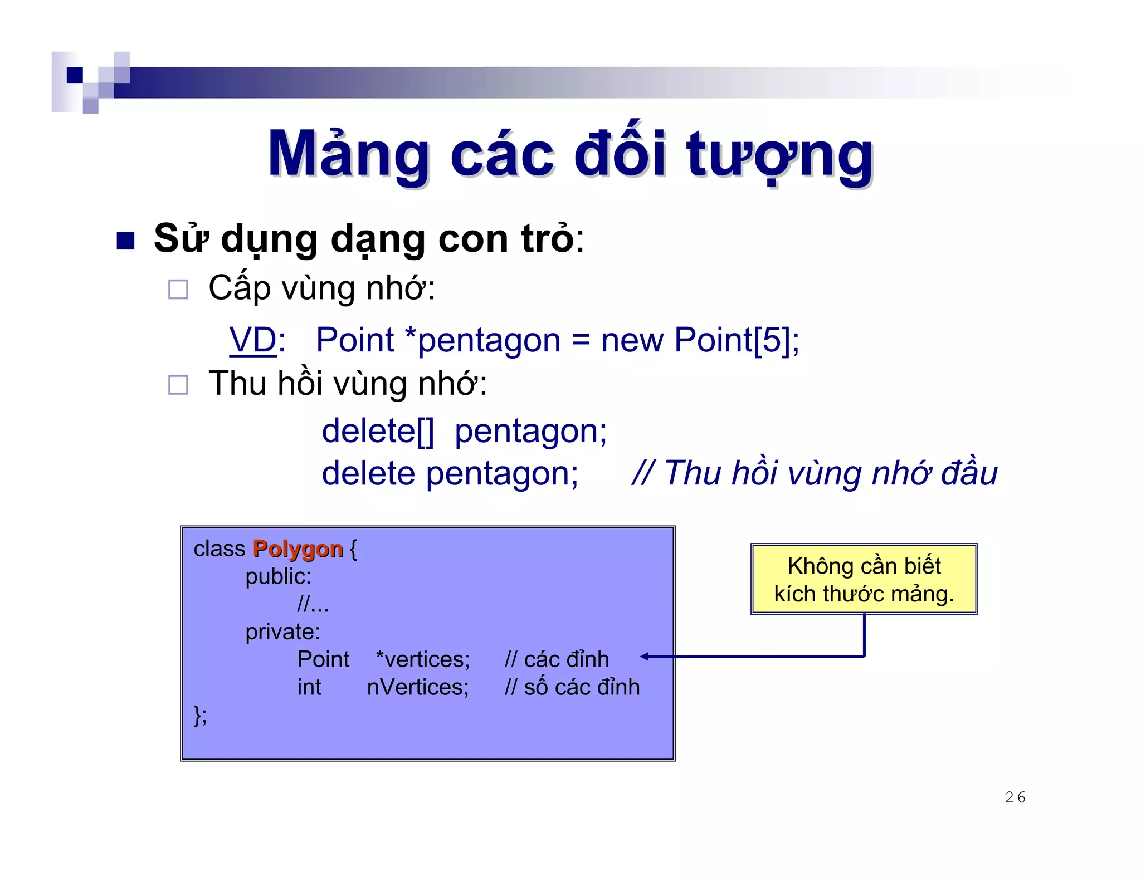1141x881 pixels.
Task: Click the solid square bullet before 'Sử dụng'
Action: tap(125, 241)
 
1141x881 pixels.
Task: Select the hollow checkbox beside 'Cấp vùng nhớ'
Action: tap(178, 290)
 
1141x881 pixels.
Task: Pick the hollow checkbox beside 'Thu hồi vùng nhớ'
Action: tap(178, 385)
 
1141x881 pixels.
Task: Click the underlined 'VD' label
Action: tap(253, 340)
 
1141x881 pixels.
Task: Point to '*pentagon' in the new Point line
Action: tap(482, 340)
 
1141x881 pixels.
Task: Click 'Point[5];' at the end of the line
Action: tap(737, 340)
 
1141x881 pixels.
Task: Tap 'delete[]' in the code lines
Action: tap(378, 431)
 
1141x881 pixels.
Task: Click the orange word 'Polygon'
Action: tap(298, 549)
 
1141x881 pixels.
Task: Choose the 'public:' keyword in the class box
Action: tap(278, 576)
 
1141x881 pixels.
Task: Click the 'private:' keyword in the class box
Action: tap(282, 632)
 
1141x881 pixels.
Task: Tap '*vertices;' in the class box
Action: tap(423, 659)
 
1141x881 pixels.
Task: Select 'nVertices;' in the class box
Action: tap(418, 687)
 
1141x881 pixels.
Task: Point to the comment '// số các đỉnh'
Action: tap(572, 687)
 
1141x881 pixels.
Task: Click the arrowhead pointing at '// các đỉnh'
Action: tap(645, 657)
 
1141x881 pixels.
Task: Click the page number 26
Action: tap(1015, 797)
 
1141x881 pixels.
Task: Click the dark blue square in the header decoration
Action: tap(75, 75)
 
